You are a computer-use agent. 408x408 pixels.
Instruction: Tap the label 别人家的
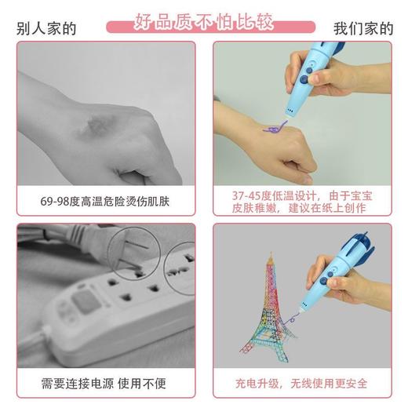point(46,28)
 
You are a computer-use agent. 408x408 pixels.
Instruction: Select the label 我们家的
point(362,28)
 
